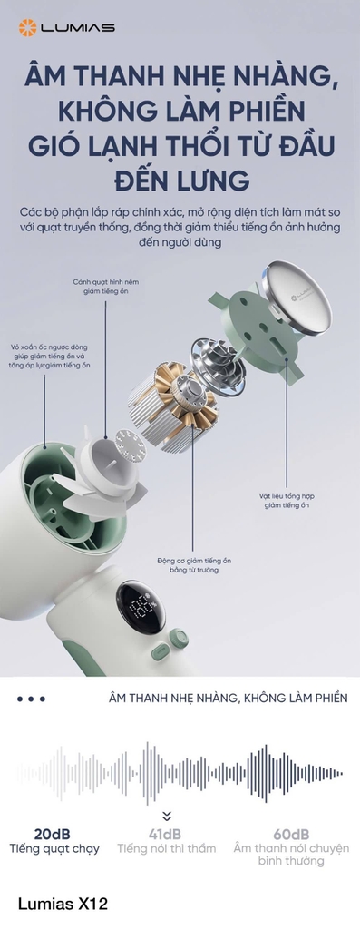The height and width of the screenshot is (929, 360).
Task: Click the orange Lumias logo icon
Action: point(28,27)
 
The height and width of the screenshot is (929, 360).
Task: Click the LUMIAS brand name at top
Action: point(77,27)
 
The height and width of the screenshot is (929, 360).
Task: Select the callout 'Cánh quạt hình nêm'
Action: point(106,282)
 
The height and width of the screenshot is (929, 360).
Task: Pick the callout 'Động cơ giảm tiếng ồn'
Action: point(194,561)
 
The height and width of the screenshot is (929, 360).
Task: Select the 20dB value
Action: point(53,834)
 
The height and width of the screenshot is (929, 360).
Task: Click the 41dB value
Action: point(165,834)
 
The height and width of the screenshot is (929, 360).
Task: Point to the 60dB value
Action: point(291,834)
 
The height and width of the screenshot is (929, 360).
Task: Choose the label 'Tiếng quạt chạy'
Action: point(54,848)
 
